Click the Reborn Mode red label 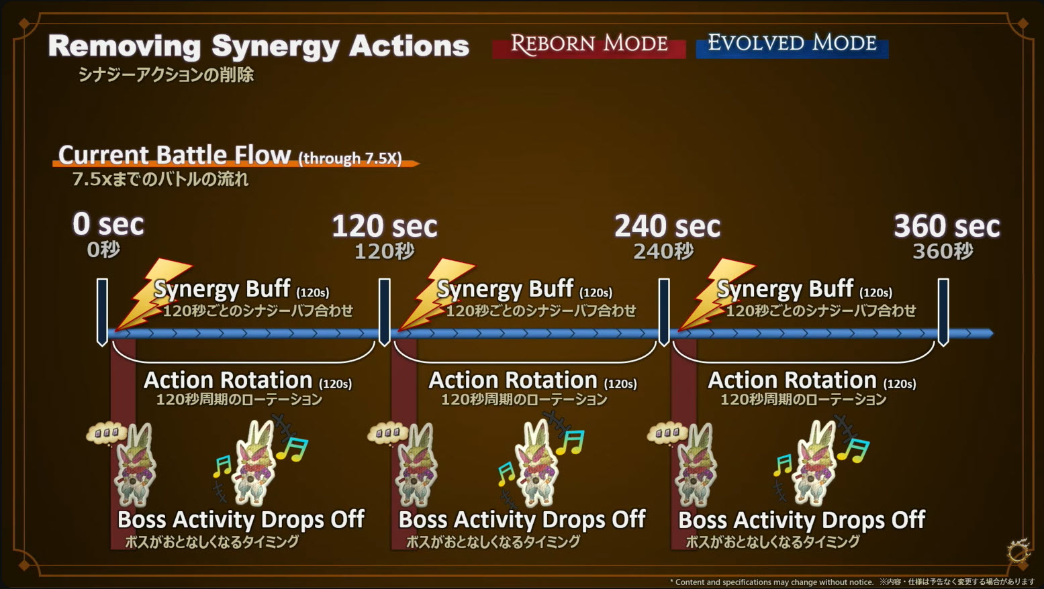pyautogui.click(x=589, y=45)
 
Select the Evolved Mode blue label pyautogui.click(x=792, y=44)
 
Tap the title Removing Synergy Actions pyautogui.click(x=258, y=46)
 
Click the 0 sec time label pyautogui.click(x=108, y=225)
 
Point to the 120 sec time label pyautogui.click(x=384, y=227)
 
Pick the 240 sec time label pyautogui.click(x=667, y=227)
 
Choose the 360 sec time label pyautogui.click(x=946, y=227)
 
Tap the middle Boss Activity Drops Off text pyautogui.click(x=522, y=520)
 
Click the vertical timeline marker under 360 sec pyautogui.click(x=943, y=312)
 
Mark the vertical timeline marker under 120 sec pyautogui.click(x=385, y=312)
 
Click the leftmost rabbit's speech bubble pyautogui.click(x=106, y=433)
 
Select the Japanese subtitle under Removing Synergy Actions pyautogui.click(x=166, y=75)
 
